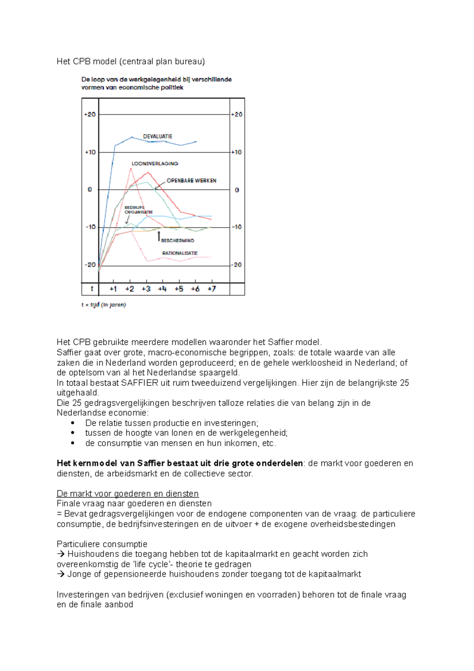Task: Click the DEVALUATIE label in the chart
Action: point(157,136)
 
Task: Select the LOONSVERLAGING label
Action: point(155,164)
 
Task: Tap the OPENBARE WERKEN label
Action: point(191,181)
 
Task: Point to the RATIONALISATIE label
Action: point(180,253)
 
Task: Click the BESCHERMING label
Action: point(177,240)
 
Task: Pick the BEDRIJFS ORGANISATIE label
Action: point(138,210)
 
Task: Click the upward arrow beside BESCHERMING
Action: point(159,236)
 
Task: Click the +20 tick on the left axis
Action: point(90,115)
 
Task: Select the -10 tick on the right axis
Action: point(236,227)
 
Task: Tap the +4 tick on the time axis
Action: point(162,289)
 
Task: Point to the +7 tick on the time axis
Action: point(212,289)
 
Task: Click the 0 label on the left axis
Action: point(90,190)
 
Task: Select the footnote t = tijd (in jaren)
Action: point(103,305)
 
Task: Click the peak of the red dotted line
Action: point(131,169)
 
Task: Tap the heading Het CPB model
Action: point(131,61)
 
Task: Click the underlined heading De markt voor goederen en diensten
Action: point(128,494)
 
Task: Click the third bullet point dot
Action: point(73,443)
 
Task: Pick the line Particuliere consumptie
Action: point(102,544)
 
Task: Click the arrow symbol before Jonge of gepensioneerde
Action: point(60,574)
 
